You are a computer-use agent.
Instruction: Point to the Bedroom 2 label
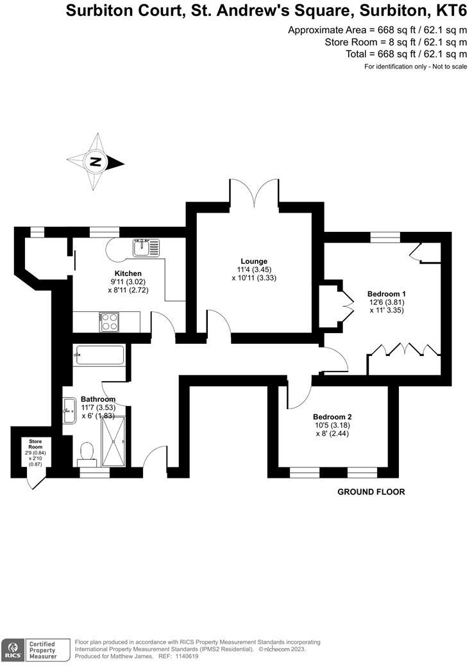point(332,416)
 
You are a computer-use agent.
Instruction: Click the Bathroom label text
point(98,399)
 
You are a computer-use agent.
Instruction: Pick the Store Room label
point(35,443)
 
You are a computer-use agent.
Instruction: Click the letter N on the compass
point(95,161)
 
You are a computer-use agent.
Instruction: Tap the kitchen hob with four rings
point(110,321)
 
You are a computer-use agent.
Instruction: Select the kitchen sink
point(146,247)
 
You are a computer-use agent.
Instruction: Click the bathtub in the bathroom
point(100,355)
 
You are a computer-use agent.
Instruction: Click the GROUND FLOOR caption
point(371,492)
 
